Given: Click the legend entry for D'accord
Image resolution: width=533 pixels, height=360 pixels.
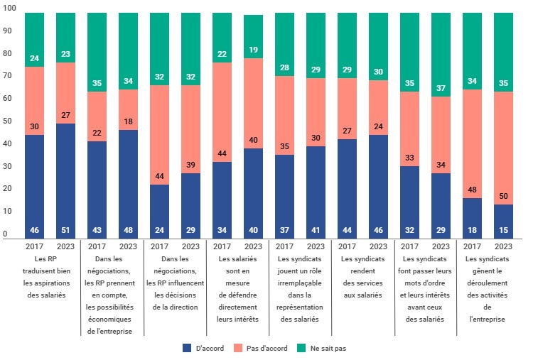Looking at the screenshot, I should [x=205, y=348].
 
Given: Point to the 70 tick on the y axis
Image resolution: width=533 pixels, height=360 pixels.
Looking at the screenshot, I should [x=6, y=53].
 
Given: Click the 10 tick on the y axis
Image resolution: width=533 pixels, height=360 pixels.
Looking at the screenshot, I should [x=6, y=212].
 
